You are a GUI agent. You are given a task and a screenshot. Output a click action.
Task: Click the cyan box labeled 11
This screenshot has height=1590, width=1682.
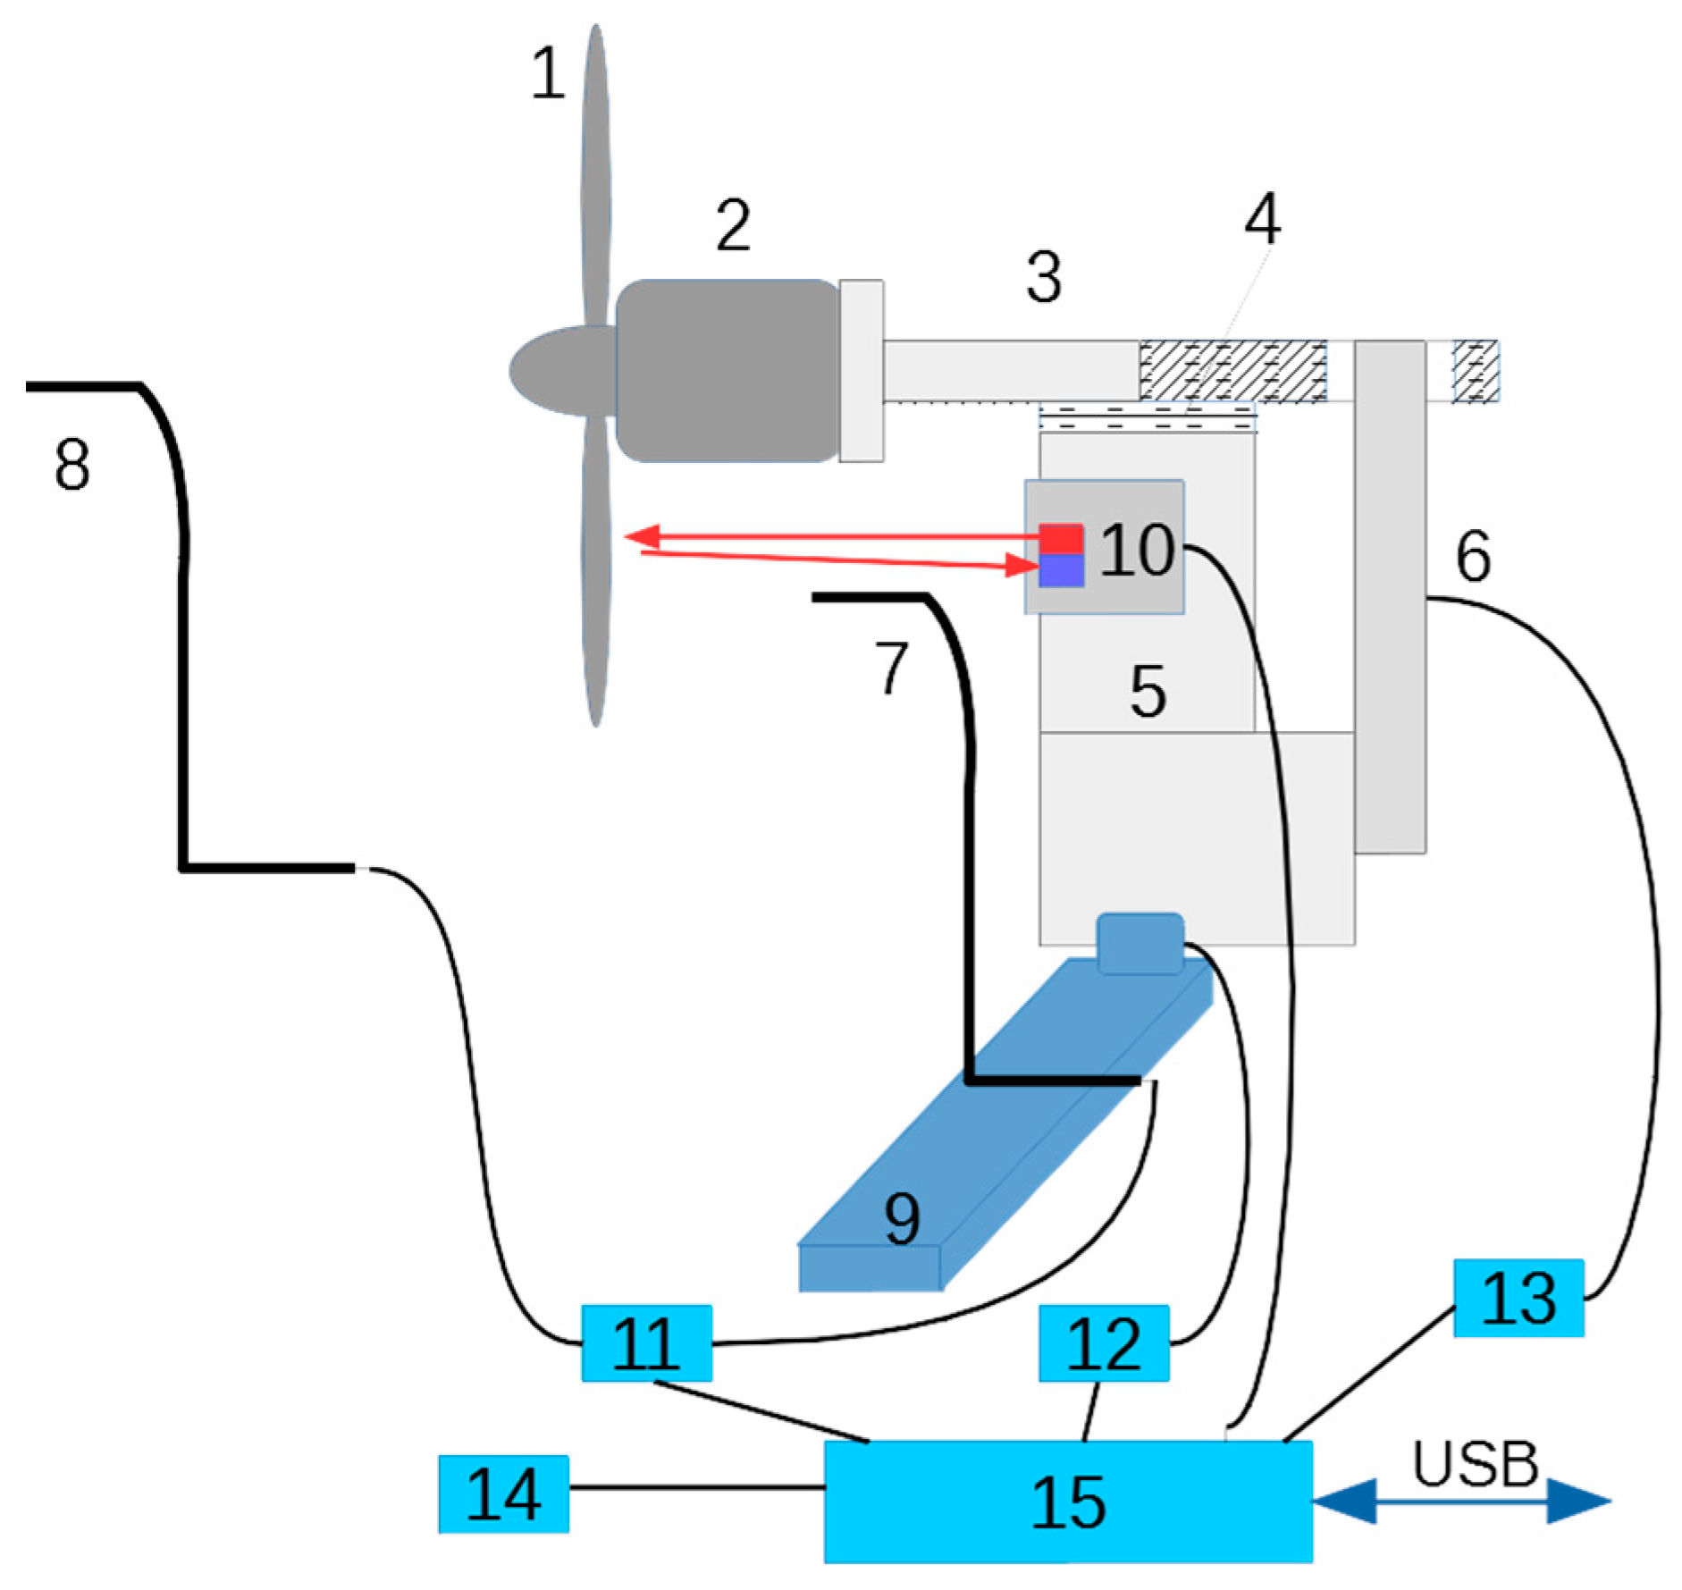pyautogui.click(x=646, y=1342)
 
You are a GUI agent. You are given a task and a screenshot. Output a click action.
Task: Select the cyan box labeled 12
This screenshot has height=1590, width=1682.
pyautogui.click(x=1103, y=1342)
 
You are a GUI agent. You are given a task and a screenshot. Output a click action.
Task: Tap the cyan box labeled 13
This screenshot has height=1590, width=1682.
pyautogui.click(x=1518, y=1297)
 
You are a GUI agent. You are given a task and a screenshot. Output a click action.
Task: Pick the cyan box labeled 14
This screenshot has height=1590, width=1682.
pyautogui.click(x=503, y=1493)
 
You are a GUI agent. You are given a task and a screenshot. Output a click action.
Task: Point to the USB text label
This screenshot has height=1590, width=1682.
pyautogui.click(x=1475, y=1464)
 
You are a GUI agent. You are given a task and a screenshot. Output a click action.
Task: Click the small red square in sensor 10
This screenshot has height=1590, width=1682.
pyautogui.click(x=1061, y=539)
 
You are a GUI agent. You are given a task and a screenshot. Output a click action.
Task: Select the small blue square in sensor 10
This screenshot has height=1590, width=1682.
pyautogui.click(x=1061, y=570)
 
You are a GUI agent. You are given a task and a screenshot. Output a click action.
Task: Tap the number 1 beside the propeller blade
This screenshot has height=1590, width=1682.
pyautogui.click(x=548, y=73)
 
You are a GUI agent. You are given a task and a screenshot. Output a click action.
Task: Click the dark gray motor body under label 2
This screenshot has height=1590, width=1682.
pyautogui.click(x=726, y=370)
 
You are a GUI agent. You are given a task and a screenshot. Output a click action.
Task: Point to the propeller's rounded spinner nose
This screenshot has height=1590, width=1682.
pyautogui.click(x=545, y=370)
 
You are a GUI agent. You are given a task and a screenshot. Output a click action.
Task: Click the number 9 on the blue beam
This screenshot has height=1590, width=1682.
pyautogui.click(x=901, y=1219)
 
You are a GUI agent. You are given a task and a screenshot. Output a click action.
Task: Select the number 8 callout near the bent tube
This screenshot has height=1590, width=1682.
pyautogui.click(x=72, y=465)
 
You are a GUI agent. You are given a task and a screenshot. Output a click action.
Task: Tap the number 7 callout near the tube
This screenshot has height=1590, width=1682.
pyautogui.click(x=891, y=668)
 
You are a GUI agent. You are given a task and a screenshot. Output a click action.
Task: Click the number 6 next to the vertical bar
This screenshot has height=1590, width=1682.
pyautogui.click(x=1473, y=555)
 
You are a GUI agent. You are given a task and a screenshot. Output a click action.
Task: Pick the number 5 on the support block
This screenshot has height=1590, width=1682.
pyautogui.click(x=1148, y=691)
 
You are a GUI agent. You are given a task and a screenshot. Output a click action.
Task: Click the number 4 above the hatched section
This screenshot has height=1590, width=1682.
pyautogui.click(x=1262, y=218)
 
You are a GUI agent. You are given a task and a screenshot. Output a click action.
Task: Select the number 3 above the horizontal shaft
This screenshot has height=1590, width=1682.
pyautogui.click(x=1044, y=276)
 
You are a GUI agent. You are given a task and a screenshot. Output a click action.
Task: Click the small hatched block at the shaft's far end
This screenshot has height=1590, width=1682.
pyautogui.click(x=1475, y=371)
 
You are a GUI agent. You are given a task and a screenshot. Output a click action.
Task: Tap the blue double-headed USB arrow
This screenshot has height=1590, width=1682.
pyautogui.click(x=1461, y=1501)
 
